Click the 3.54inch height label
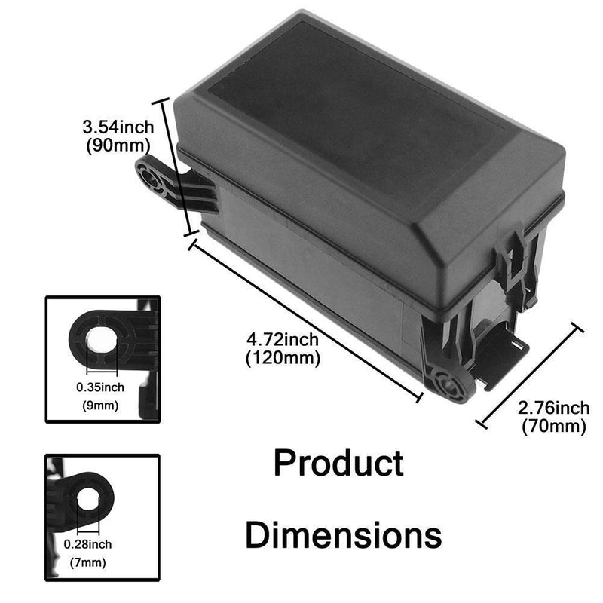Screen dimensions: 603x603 tap(119, 125)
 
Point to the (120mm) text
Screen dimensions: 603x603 tap(283, 359)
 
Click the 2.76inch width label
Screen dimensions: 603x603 tap(554, 408)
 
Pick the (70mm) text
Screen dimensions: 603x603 tap(554, 427)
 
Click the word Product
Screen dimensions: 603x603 tap(338, 464)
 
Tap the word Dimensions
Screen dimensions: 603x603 tap(344, 536)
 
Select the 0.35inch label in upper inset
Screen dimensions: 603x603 tap(103, 387)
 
